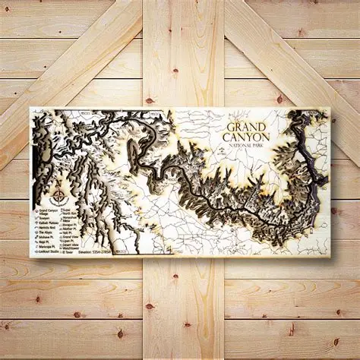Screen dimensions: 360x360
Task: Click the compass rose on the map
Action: point(58,193)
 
